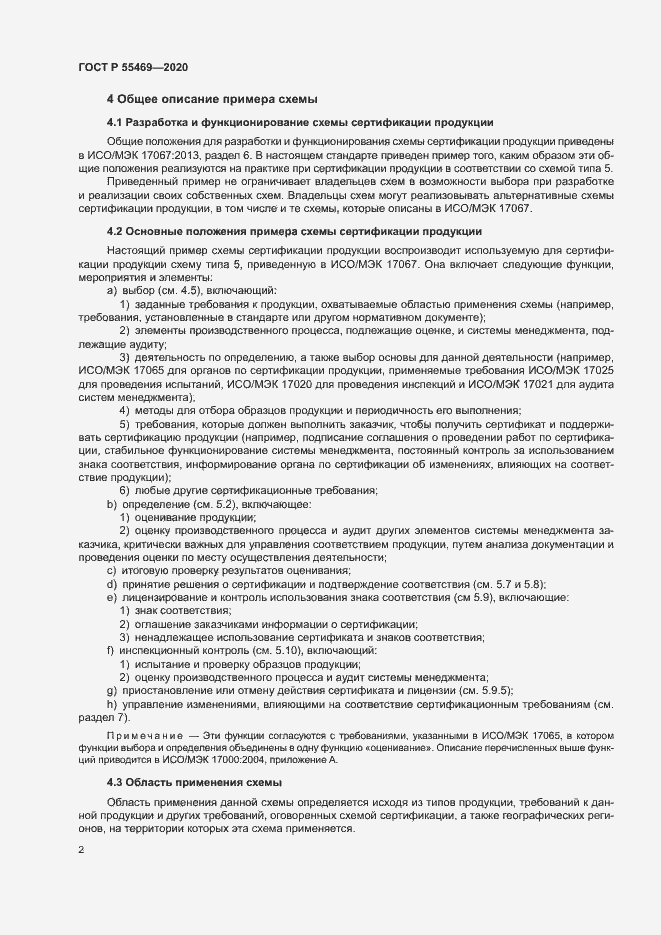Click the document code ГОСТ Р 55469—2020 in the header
(x=132, y=67)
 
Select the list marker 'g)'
(x=111, y=690)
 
